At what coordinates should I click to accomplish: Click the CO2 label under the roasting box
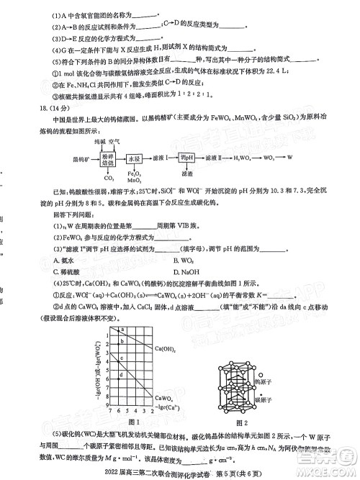(110, 177)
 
